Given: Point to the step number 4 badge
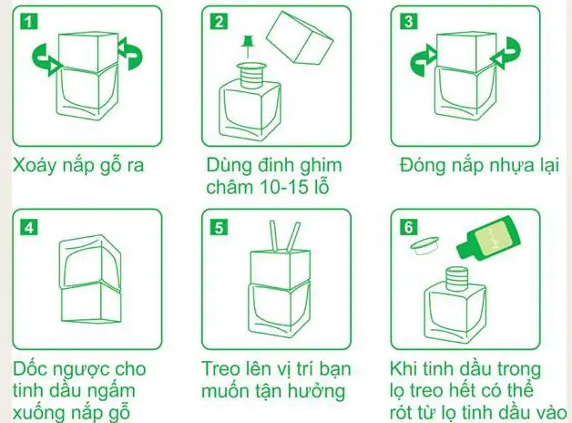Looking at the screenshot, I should [x=31, y=227].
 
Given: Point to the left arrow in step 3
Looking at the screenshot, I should [x=420, y=62].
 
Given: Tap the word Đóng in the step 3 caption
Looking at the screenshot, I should [x=424, y=167].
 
